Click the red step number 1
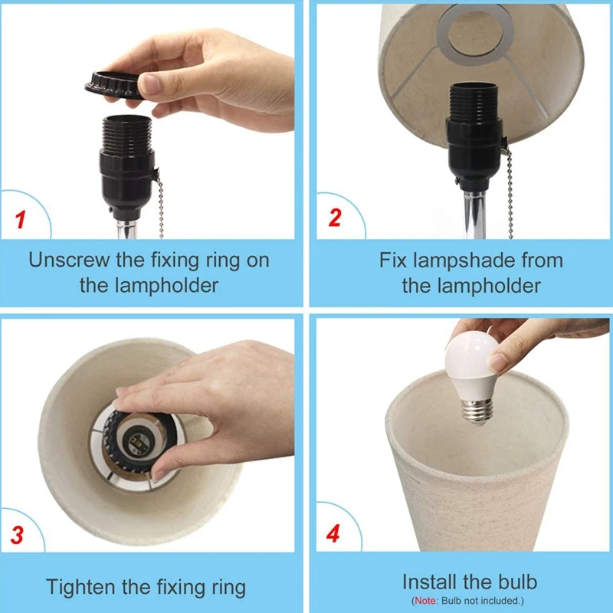[x=21, y=220]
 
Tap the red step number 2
[x=335, y=218]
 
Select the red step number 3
[x=17, y=535]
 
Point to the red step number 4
[x=333, y=533]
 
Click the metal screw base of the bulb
[x=477, y=411]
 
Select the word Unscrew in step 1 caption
[x=69, y=260]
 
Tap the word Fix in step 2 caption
[x=393, y=260]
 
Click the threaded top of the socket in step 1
[x=126, y=133]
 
